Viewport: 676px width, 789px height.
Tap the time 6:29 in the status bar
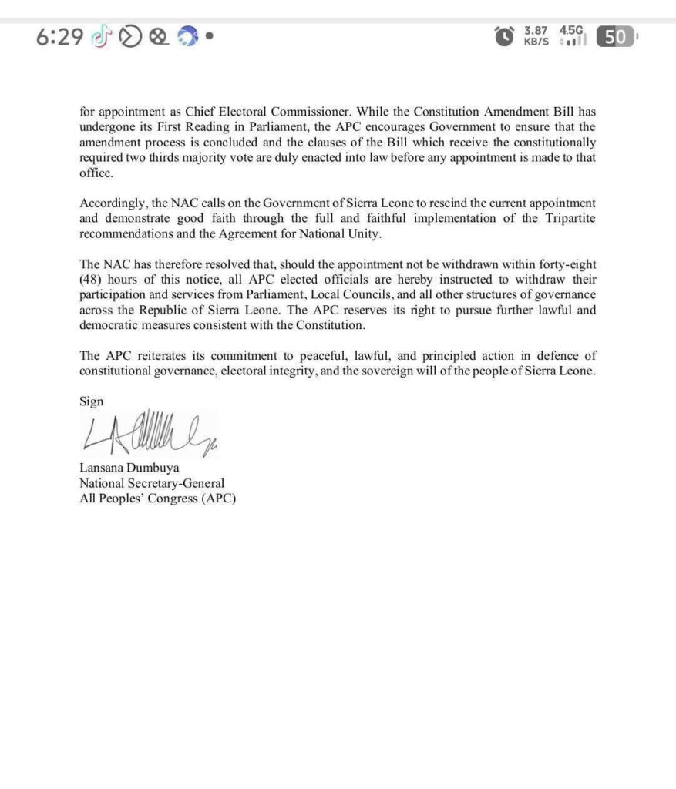[x=59, y=36]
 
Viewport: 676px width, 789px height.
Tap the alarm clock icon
[x=504, y=36]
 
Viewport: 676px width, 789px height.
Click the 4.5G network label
[x=572, y=30]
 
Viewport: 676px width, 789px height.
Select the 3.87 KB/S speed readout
[x=536, y=35]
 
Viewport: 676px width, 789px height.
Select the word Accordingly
[x=110, y=203]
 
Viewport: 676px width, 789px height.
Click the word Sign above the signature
[x=91, y=401]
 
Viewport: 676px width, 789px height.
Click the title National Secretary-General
[x=152, y=483]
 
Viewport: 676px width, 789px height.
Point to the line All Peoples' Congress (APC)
[x=157, y=498]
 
